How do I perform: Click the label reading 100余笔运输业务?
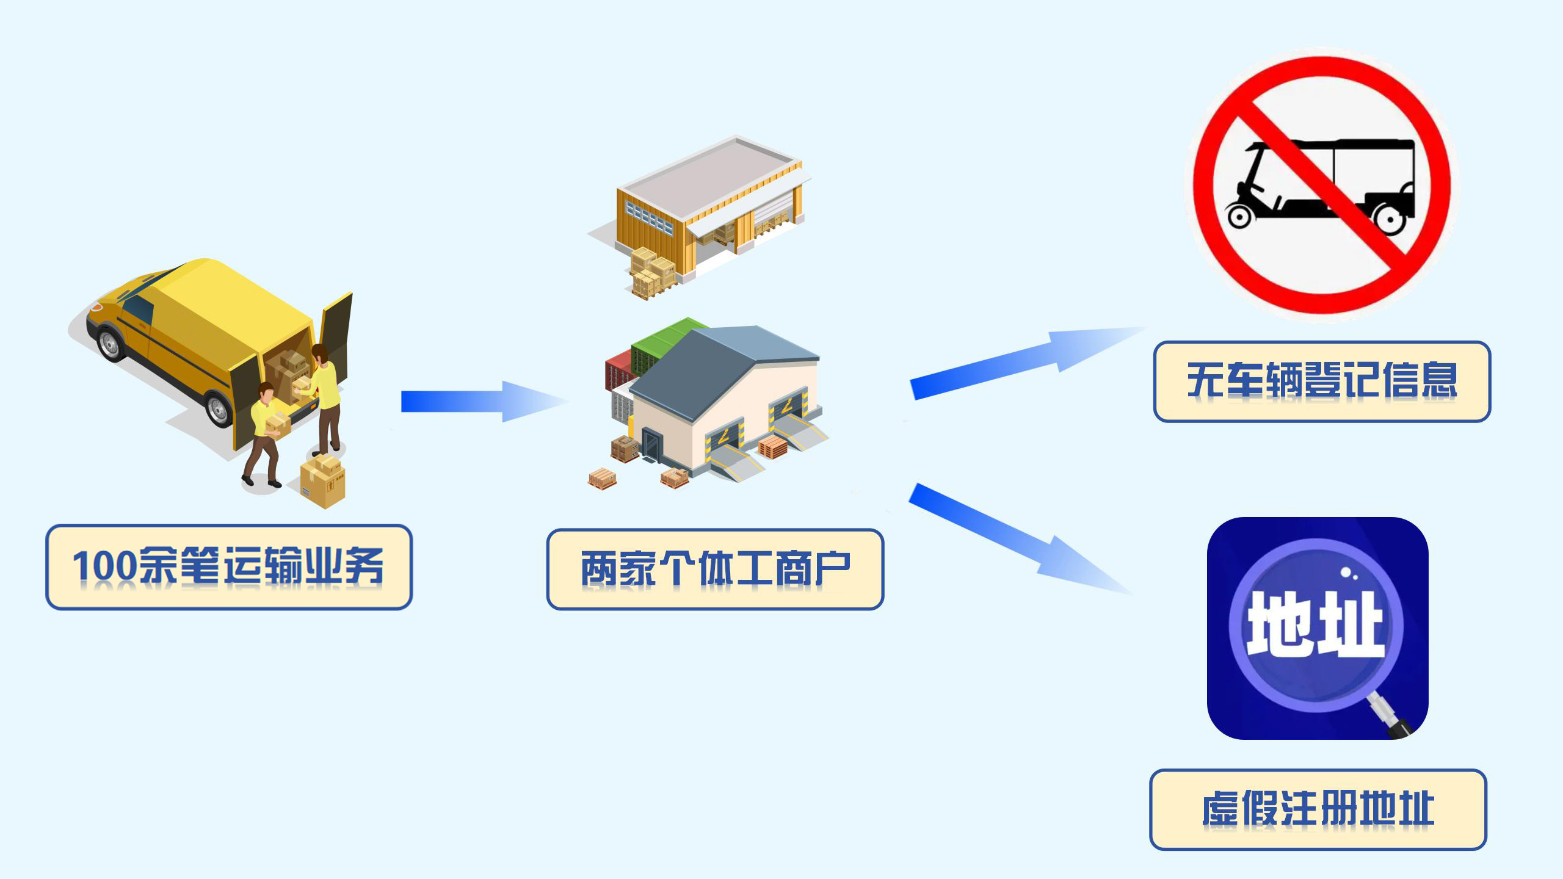229,566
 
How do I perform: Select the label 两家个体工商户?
715,569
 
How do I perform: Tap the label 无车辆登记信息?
1322,381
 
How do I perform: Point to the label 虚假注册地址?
1318,809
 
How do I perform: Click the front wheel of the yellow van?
111,344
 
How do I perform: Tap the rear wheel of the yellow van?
218,408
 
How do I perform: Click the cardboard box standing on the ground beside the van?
323,482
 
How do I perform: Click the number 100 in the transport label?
104,566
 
